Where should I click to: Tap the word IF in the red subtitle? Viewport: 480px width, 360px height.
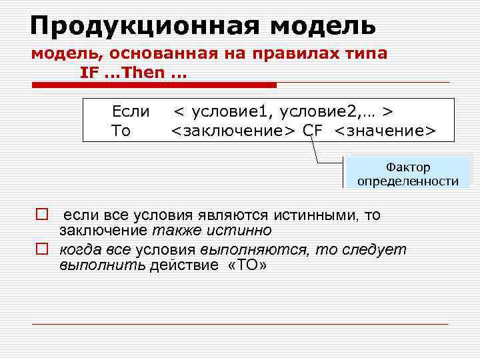coord(89,73)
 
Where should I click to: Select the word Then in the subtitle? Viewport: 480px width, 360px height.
coord(143,73)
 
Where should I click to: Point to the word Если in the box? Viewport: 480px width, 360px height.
coord(131,110)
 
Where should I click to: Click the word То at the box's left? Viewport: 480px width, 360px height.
coord(121,130)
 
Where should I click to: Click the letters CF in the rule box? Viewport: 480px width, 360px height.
coord(313,130)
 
